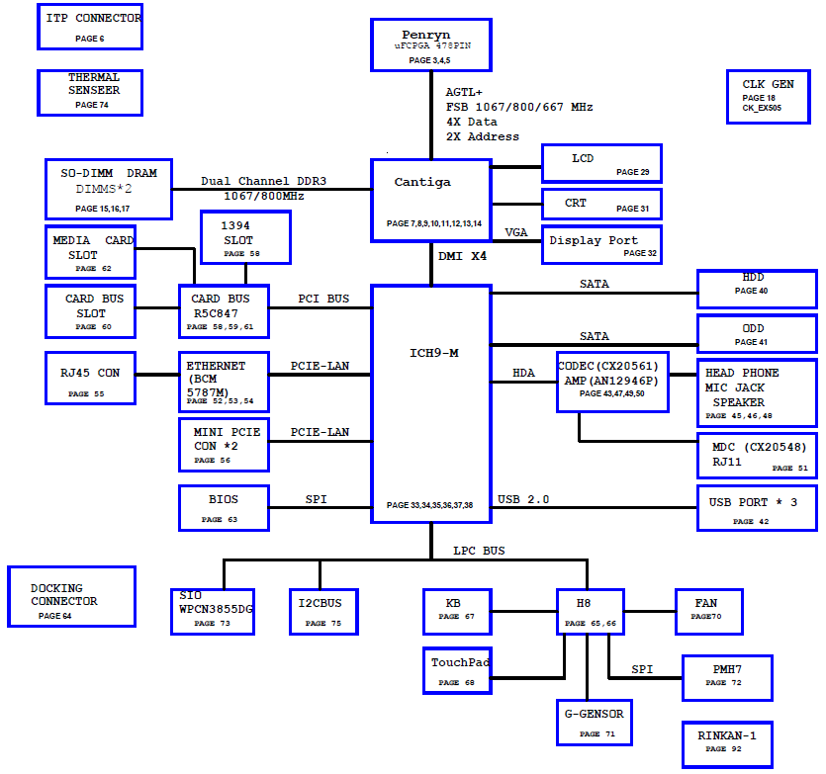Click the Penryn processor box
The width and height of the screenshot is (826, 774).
coord(431,44)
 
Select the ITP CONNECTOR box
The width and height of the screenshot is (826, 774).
coord(90,27)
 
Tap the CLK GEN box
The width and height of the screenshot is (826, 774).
coord(768,97)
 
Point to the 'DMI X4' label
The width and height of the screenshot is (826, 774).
coord(462,256)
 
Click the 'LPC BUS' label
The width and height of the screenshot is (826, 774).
coord(479,551)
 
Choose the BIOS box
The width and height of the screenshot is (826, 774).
coord(224,508)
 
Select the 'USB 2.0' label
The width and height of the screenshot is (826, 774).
coord(523,499)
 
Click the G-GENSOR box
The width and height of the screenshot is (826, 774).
coord(595,723)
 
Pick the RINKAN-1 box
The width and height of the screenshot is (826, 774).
coord(727,744)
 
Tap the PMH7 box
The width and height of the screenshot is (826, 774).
coord(727,678)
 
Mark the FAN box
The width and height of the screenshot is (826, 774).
coord(709,612)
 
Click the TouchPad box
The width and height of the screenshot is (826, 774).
coord(457,671)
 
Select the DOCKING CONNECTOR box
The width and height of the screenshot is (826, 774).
coord(71,596)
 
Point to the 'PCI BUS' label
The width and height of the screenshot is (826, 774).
coord(323,299)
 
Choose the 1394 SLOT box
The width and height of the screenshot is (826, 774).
coord(245,237)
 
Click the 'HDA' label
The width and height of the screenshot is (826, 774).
coord(523,373)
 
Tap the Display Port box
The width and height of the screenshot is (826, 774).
coord(601,245)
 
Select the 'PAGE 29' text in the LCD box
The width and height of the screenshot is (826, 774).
coord(633,172)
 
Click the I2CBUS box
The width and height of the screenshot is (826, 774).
coord(323,612)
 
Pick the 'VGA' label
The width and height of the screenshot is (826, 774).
coord(515,232)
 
